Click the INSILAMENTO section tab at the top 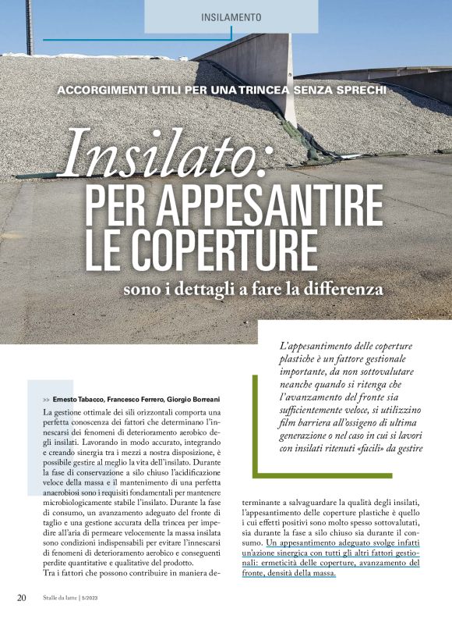231,16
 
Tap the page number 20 23,597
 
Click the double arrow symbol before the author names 47,399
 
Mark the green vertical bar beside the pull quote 257,422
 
